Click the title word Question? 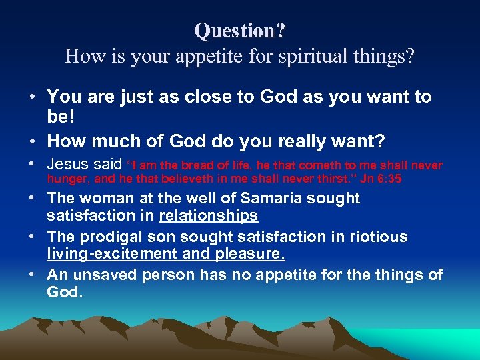[240, 31]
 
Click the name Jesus [69, 164]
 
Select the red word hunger [65, 179]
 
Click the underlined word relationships [209, 216]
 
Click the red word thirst [319, 179]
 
